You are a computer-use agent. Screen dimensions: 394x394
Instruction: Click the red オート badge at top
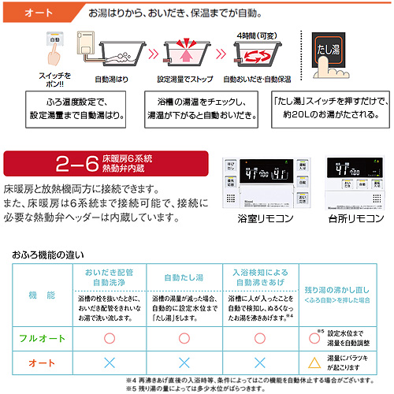[x=37, y=14]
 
